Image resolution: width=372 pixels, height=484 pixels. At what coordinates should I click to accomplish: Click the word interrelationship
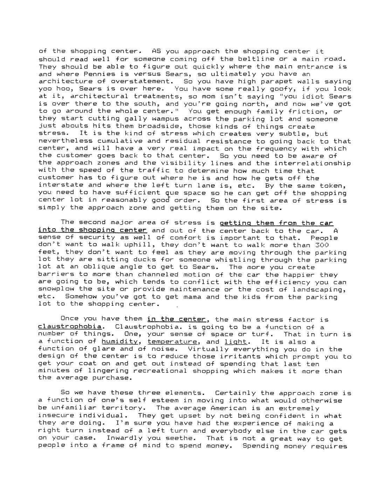click(312, 163)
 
